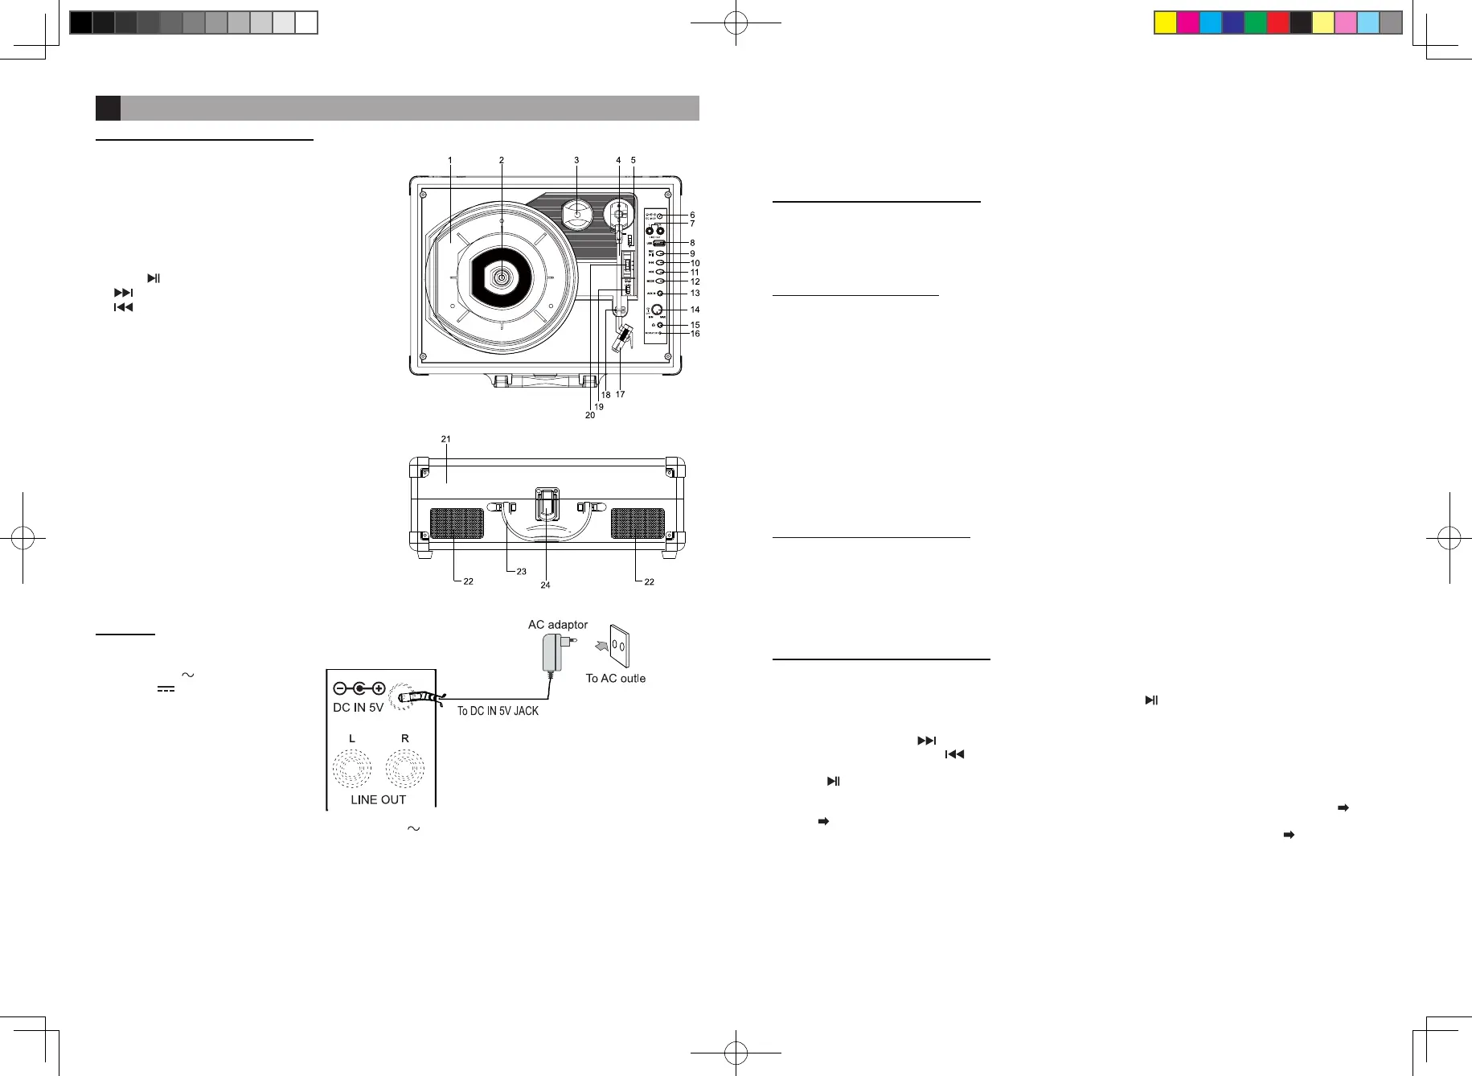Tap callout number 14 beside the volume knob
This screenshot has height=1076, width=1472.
click(x=695, y=310)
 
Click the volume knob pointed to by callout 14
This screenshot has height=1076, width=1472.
click(x=657, y=310)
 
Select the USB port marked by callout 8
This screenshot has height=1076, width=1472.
click(x=658, y=243)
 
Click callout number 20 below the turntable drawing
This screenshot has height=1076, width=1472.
click(x=590, y=415)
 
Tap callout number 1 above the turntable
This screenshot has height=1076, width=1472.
click(x=450, y=161)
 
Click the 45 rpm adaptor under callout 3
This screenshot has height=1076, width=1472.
click(x=576, y=213)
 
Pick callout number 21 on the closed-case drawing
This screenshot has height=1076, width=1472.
click(x=445, y=439)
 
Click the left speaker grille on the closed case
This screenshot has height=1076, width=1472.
click(x=457, y=524)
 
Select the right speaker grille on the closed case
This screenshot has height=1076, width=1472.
click(x=638, y=524)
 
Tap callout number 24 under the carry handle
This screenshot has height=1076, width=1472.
click(x=545, y=585)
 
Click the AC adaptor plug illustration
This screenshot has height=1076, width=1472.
click(x=554, y=652)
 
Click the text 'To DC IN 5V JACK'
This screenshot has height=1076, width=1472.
click(x=498, y=711)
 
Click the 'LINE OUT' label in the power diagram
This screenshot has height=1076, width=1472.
click(x=378, y=799)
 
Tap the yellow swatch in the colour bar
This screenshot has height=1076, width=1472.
click(x=1165, y=23)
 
